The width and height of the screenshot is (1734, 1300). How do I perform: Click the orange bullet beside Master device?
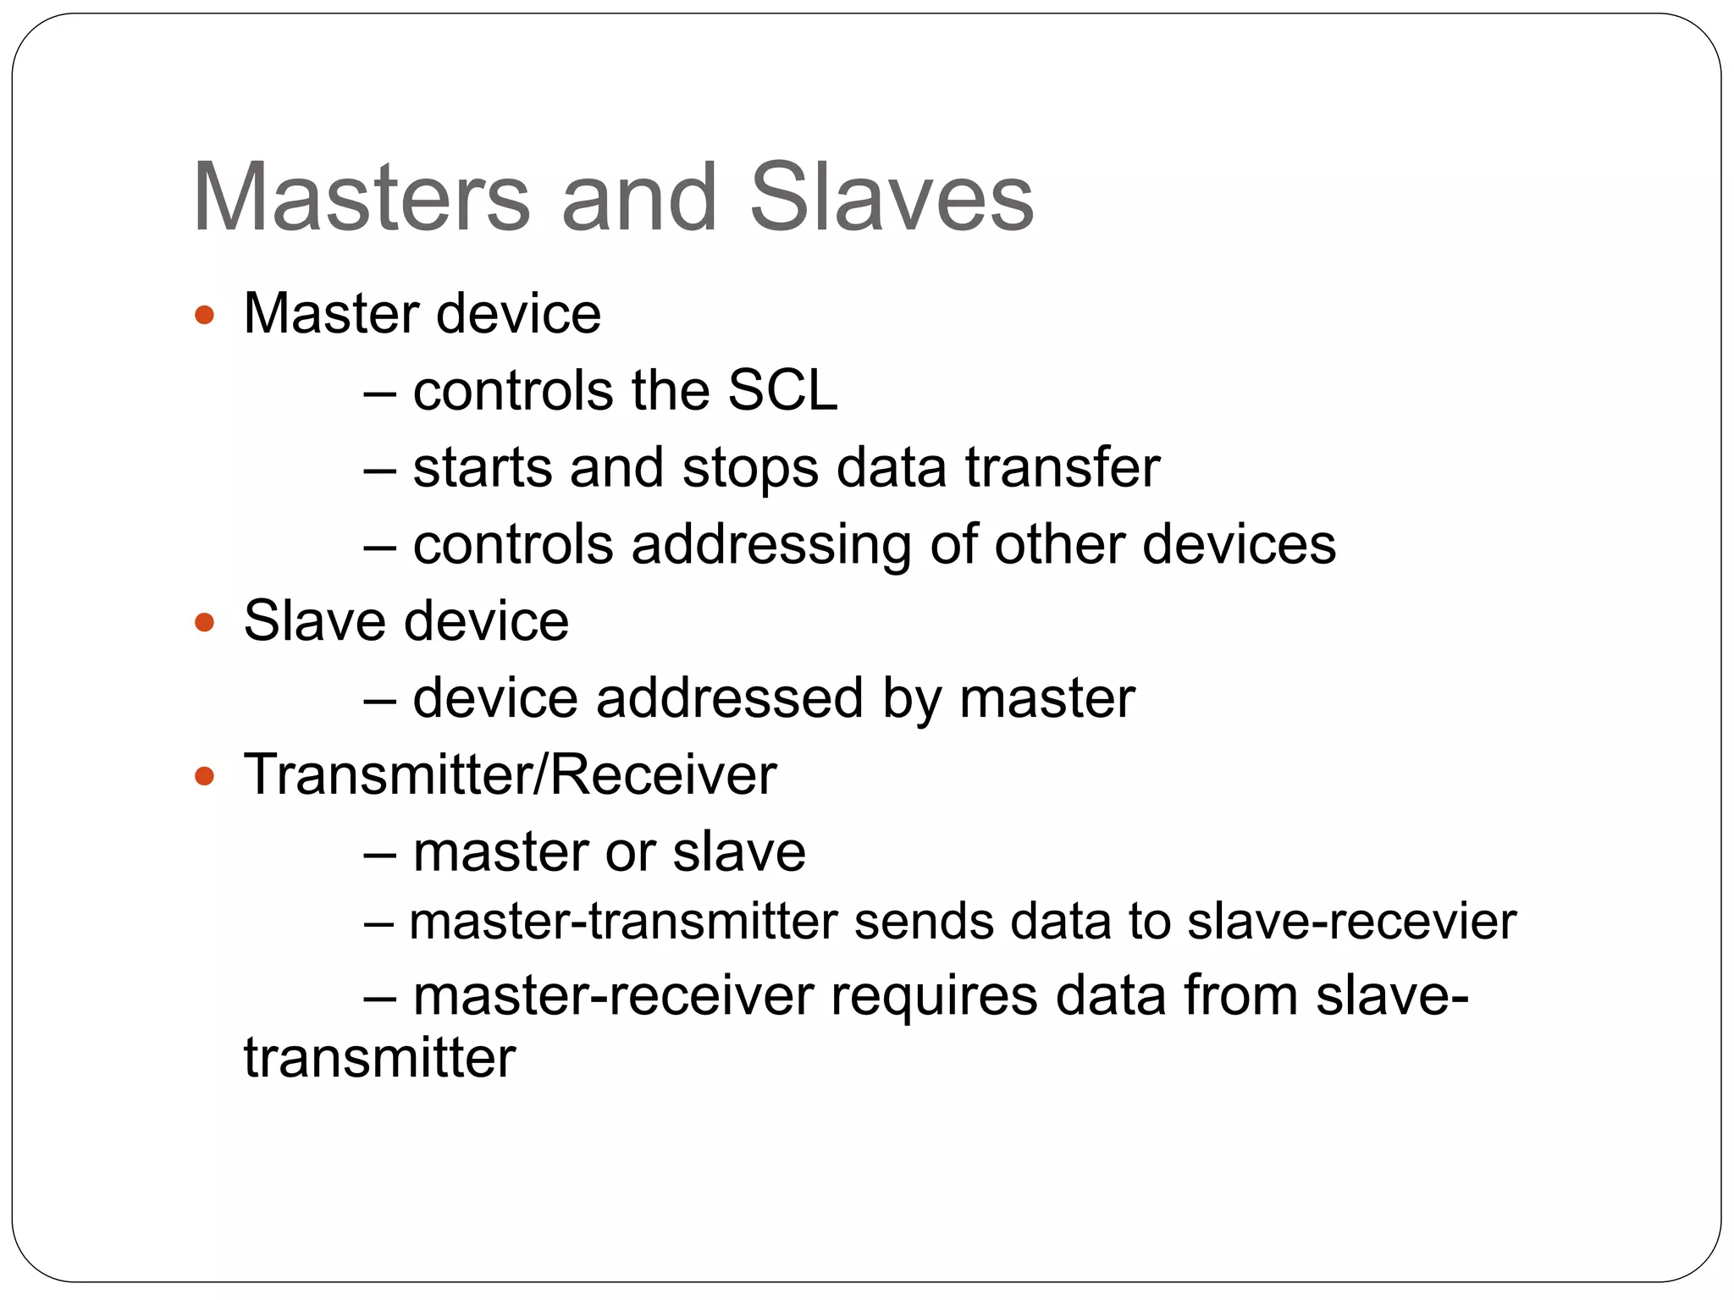[x=204, y=317]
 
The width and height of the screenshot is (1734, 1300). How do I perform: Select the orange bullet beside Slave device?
[x=204, y=624]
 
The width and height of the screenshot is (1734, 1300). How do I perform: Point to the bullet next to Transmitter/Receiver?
[x=204, y=776]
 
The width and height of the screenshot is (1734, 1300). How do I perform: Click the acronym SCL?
[x=782, y=391]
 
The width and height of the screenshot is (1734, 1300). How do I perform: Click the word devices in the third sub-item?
[x=1239, y=544]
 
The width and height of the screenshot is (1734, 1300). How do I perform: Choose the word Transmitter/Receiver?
[x=510, y=774]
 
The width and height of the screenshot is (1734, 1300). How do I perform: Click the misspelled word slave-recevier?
[x=1351, y=922]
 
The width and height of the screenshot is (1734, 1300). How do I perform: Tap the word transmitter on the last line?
[x=379, y=1058]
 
